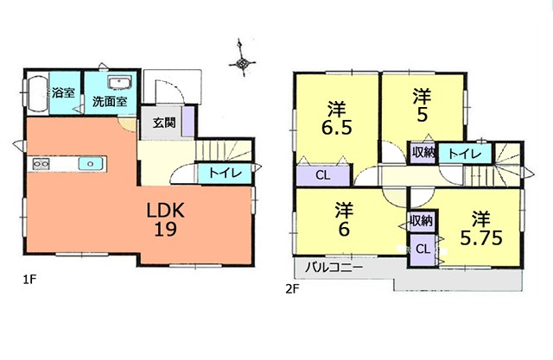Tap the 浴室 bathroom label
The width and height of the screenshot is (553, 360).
pos(63,93)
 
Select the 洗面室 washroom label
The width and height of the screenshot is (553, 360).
pos(110,102)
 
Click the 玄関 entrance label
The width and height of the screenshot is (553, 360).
pos(164,123)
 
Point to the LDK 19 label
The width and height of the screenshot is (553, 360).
pos(165,220)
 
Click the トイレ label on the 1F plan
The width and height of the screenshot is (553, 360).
pos(225,173)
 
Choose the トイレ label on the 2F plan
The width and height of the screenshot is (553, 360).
pos(465,154)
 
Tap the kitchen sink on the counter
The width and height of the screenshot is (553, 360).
pos(91,164)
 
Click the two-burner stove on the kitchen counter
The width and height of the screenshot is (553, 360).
pos(41,164)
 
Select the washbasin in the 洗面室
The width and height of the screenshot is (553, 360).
pos(119,83)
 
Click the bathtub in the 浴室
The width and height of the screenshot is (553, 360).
pos(38,93)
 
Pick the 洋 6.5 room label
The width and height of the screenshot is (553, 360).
pos(336,118)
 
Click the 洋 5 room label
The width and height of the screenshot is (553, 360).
pos(423,105)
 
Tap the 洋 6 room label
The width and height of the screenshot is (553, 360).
pos(344,219)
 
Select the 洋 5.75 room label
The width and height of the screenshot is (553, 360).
pos(481,229)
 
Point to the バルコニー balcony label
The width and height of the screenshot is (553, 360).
pos(334,268)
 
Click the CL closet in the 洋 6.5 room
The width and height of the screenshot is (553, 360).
pos(323,175)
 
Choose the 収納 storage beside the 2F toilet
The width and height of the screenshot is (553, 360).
pos(423,153)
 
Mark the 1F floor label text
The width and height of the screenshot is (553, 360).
pos(30,280)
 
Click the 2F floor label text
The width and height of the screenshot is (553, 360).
pos(292,289)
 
